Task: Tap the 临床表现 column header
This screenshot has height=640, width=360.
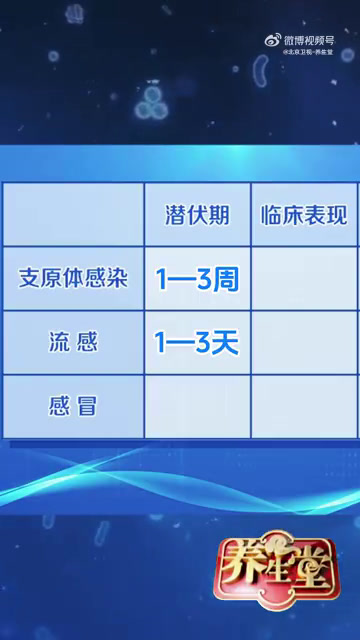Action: pos(303,215)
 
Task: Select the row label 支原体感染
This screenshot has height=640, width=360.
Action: pos(74,278)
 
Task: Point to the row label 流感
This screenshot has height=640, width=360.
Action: pos(74,343)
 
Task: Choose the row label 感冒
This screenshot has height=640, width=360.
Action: pos(74,405)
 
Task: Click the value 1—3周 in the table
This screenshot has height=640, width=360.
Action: pos(197,279)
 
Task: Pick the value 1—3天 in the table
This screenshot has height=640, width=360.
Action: pos(197,343)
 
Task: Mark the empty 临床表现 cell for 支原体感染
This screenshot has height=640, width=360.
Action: pos(303,279)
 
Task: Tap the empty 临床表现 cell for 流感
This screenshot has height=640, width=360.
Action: pos(303,343)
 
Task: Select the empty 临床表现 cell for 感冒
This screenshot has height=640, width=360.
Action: pos(303,406)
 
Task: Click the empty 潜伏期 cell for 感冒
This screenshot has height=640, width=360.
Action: pos(197,406)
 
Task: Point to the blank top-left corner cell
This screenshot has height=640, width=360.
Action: pos(74,215)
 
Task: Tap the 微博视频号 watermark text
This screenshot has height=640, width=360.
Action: pos(310,38)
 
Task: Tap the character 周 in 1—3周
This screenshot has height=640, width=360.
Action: pos(227,279)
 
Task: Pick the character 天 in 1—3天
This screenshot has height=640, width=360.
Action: pos(227,343)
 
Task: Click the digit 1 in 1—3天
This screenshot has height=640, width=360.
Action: pos(160,343)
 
